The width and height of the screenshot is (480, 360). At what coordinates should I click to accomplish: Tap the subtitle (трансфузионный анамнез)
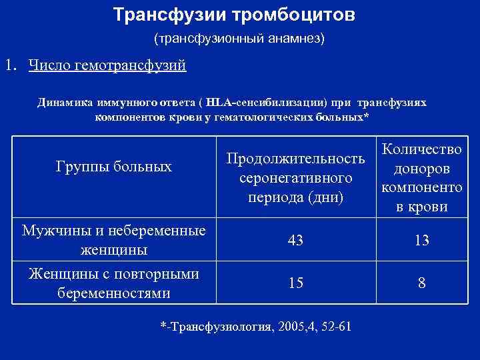pyautogui.click(x=240, y=39)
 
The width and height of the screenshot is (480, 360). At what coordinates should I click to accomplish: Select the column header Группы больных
pyautogui.click(x=114, y=166)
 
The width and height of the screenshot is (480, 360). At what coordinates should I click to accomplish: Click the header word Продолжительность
pyautogui.click(x=296, y=159)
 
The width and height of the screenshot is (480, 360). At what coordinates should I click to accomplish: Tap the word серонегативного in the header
pyautogui.click(x=295, y=179)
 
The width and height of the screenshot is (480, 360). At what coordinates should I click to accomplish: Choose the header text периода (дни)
pyautogui.click(x=295, y=198)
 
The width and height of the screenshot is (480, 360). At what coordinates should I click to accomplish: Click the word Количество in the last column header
pyautogui.click(x=422, y=149)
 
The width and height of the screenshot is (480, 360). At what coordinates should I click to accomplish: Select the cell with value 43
pyautogui.click(x=296, y=241)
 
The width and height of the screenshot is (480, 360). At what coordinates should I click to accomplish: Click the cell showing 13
pyautogui.click(x=422, y=241)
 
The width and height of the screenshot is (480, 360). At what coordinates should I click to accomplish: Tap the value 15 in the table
pyautogui.click(x=296, y=283)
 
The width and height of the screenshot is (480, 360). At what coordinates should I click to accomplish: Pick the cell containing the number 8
pyautogui.click(x=422, y=283)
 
